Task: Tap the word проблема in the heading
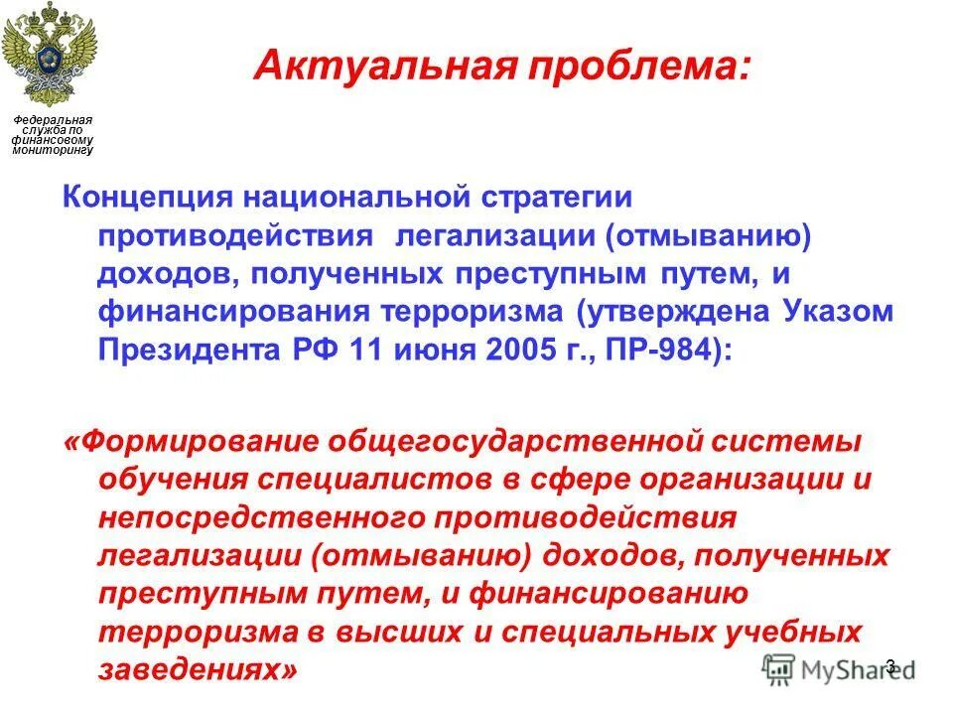[x=612, y=68]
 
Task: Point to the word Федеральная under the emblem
[x=53, y=120]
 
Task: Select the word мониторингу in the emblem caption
[x=53, y=150]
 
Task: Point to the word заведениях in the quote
[x=196, y=670]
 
